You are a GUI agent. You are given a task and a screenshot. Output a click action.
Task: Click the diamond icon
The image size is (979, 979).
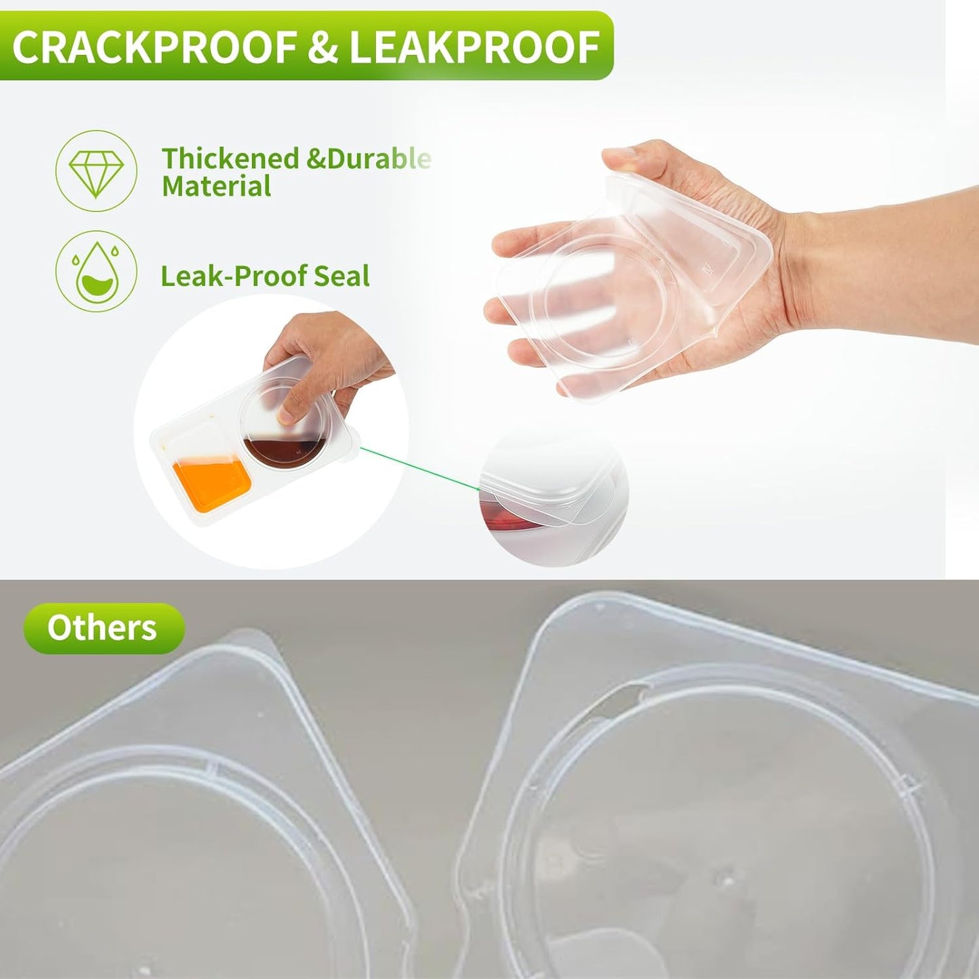pyautogui.click(x=96, y=171)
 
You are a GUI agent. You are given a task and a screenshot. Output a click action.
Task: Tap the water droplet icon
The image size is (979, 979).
pyautogui.click(x=96, y=271)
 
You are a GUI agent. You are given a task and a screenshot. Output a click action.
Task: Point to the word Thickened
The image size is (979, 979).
pyautogui.click(x=230, y=158)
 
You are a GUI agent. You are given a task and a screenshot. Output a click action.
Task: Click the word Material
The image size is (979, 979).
pyautogui.click(x=216, y=186)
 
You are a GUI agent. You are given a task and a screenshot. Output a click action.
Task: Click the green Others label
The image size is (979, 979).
pyautogui.click(x=103, y=628)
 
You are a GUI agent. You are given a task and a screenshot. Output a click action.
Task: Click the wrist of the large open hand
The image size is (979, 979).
pyautogui.click(x=833, y=254)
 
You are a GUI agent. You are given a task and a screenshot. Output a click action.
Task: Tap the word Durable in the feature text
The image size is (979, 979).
pyautogui.click(x=379, y=158)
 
